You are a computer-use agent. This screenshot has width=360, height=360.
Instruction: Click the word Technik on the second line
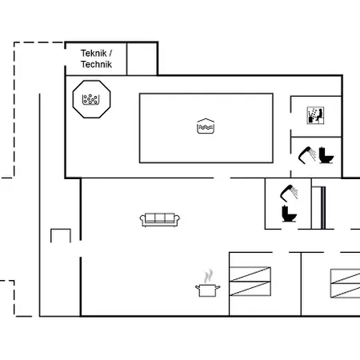97,64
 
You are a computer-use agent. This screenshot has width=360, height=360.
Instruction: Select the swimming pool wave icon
206,126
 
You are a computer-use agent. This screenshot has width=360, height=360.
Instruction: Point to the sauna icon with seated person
314,115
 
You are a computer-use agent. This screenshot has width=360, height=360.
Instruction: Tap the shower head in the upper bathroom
304,151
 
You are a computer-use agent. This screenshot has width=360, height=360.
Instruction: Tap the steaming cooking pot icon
207,288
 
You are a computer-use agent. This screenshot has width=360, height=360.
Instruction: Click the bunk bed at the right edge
346,282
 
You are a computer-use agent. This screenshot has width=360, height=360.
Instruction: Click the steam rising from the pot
209,274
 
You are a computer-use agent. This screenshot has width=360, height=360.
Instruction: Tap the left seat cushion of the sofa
150,218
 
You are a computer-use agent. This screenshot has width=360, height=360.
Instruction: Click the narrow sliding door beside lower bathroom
322,206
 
